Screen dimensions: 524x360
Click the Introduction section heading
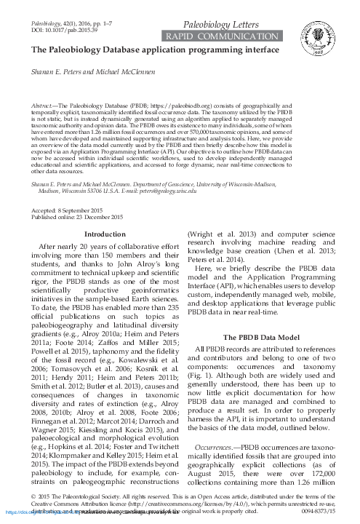[105, 214]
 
